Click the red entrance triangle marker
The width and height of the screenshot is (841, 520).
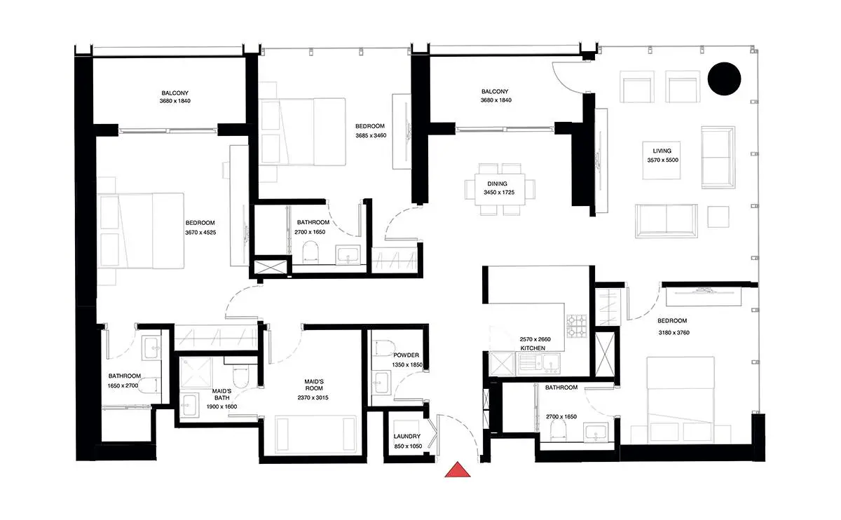tap(457, 470)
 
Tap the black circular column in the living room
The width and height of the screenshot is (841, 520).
tap(724, 79)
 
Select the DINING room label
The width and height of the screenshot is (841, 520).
tap(497, 184)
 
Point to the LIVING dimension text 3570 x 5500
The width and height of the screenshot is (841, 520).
tap(663, 160)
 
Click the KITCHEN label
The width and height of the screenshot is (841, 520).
tap(533, 348)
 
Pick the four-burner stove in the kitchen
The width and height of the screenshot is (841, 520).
tap(577, 325)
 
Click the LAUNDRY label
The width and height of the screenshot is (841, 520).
tap(407, 437)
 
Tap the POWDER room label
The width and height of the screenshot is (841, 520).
tap(406, 355)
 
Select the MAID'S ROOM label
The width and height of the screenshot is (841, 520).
tap(314, 385)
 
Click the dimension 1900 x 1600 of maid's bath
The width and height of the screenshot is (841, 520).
tap(221, 406)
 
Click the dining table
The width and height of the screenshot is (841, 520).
tap(500, 189)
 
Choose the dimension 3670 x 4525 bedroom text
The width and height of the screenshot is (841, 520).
tap(200, 233)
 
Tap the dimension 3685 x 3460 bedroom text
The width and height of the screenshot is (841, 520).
tap(371, 135)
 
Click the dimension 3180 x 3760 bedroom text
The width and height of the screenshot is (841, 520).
tap(674, 332)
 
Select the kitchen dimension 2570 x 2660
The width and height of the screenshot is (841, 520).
tap(535, 339)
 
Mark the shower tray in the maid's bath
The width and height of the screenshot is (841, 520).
tap(196, 372)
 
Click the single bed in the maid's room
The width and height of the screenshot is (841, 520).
tap(315, 434)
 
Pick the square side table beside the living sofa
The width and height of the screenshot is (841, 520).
tap(718, 217)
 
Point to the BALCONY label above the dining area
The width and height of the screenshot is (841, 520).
tap(495, 91)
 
